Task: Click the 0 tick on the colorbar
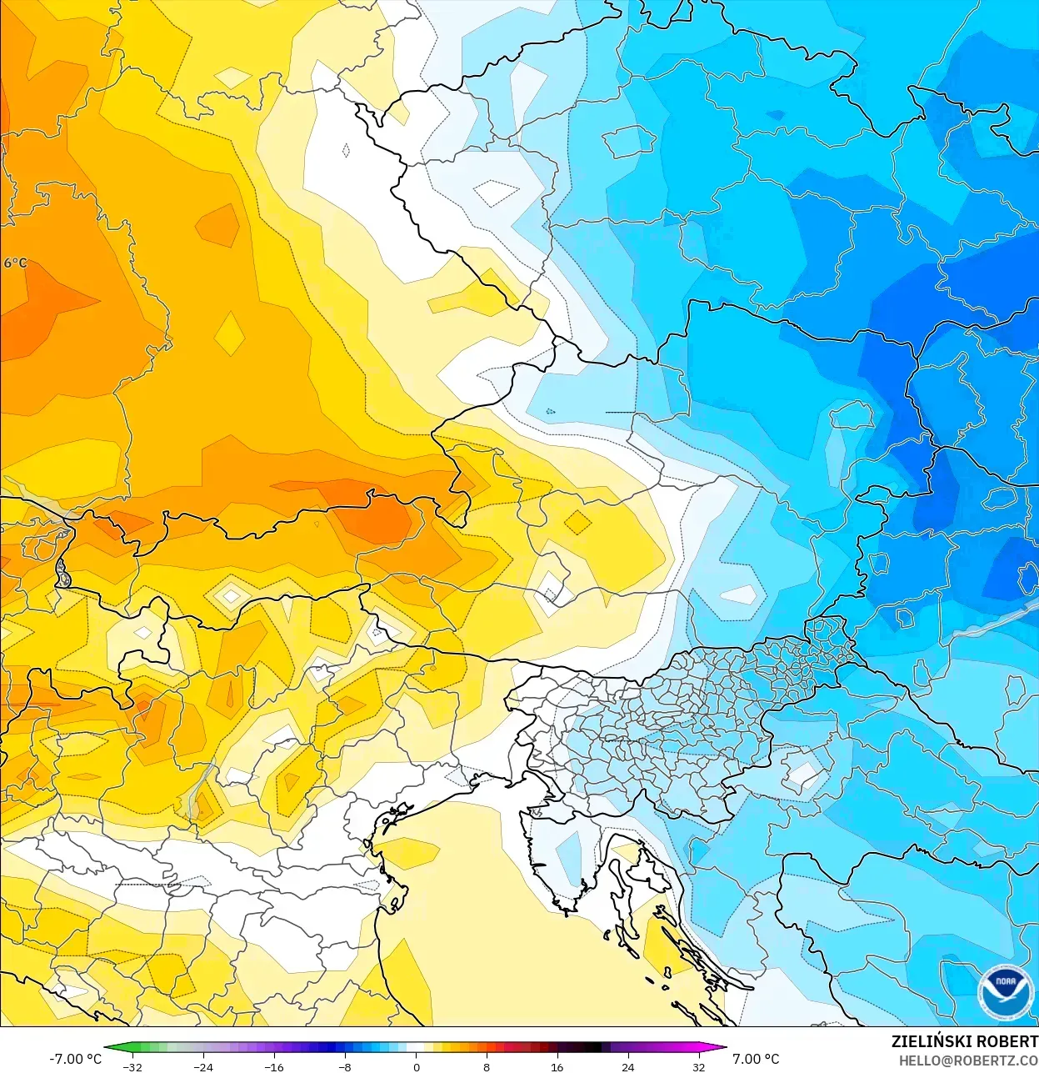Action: click(x=416, y=1066)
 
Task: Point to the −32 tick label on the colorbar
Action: click(x=132, y=1066)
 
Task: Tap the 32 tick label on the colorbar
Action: click(x=698, y=1066)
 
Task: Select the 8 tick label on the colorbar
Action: click(x=487, y=1066)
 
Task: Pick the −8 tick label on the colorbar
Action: click(x=344, y=1066)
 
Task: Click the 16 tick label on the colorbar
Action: click(x=557, y=1066)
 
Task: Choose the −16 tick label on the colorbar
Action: click(x=274, y=1066)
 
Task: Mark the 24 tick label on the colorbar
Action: click(x=627, y=1066)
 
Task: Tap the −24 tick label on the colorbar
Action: click(x=203, y=1066)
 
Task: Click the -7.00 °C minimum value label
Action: click(x=75, y=1059)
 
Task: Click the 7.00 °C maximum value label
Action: click(x=756, y=1059)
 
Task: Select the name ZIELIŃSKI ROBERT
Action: click(x=964, y=1041)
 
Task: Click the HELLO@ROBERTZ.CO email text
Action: click(x=968, y=1060)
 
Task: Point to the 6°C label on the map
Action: click(x=15, y=263)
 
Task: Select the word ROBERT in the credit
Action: click(x=1007, y=1041)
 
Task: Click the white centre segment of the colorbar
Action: click(x=416, y=1048)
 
